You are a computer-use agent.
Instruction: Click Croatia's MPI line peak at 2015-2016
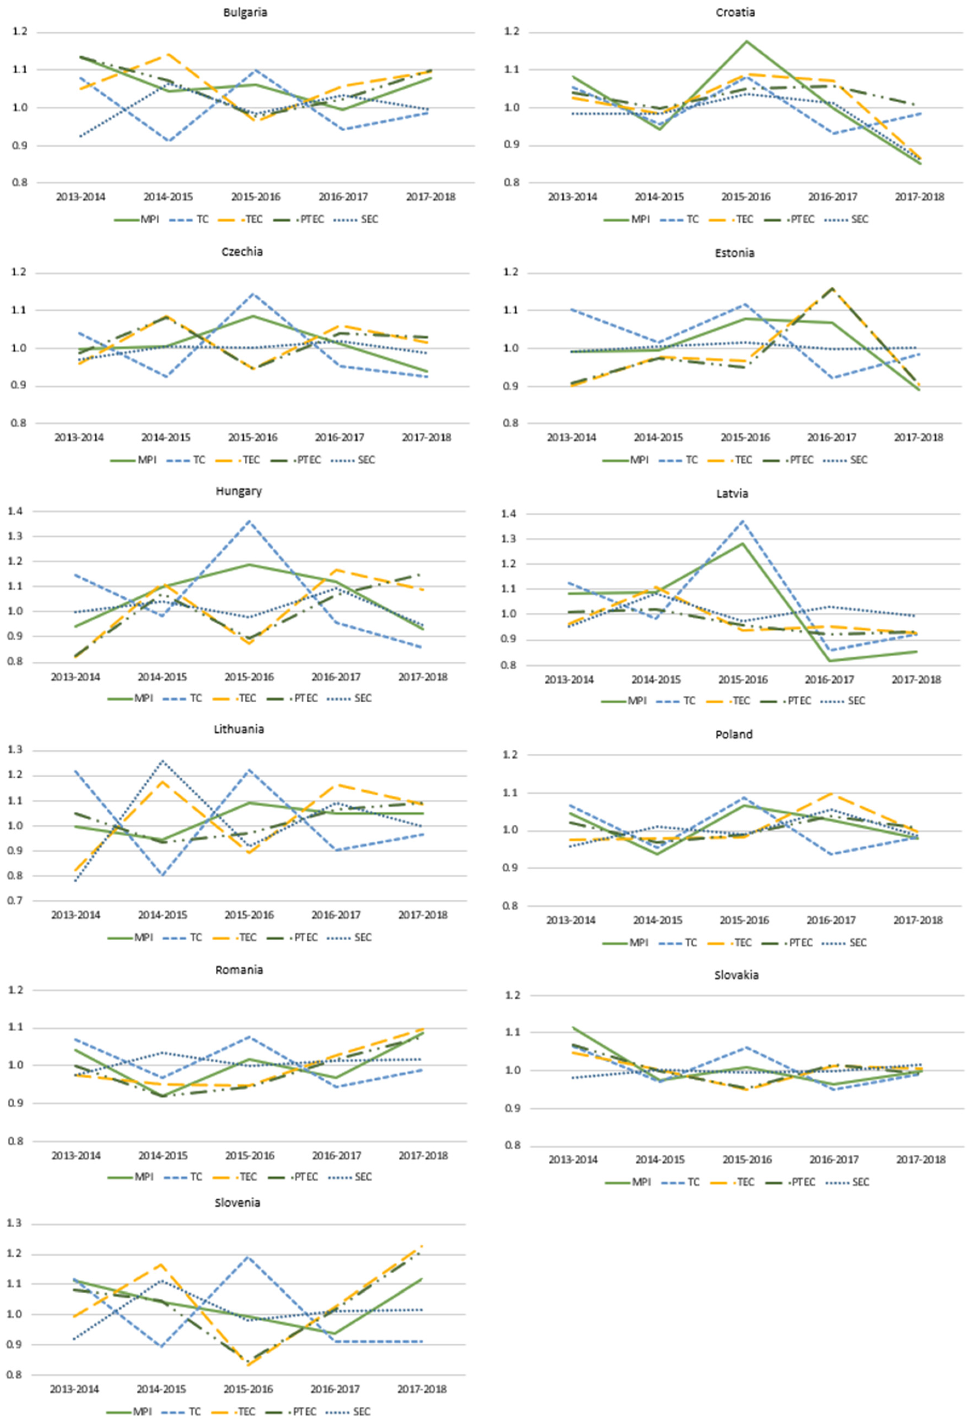(x=747, y=41)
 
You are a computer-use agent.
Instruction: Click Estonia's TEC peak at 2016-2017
(x=832, y=288)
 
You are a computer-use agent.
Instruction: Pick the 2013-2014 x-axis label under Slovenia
(x=74, y=1389)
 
